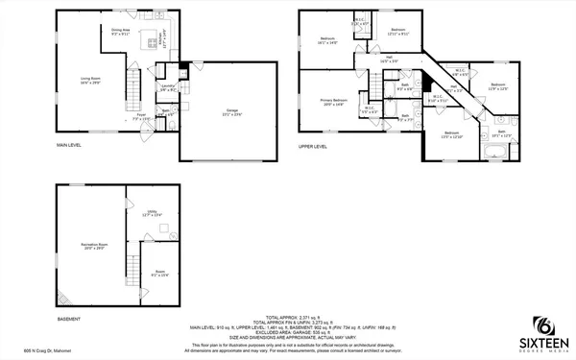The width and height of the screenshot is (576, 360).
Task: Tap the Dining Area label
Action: tap(120, 32)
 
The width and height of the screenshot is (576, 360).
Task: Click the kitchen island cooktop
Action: tap(151, 42)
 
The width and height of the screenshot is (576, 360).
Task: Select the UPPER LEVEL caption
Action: tap(313, 147)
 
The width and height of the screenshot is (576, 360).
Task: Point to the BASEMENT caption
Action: tap(69, 318)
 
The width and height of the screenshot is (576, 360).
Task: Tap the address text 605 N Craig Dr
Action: tap(33, 353)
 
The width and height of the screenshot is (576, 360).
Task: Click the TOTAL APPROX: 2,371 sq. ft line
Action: tap(287, 317)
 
